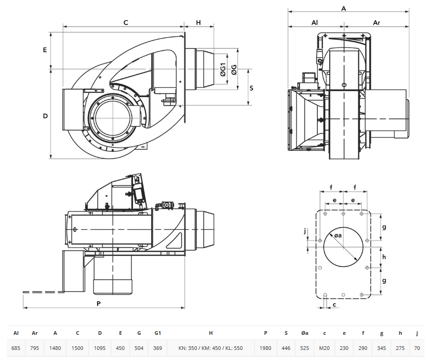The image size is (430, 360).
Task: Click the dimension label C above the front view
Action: coord(125,22)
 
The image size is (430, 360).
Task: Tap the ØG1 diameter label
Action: coord(223,70)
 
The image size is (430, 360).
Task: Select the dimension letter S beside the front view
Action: coord(251,88)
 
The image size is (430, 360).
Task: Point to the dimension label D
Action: coord(45,116)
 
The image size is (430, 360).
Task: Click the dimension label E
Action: coord(45,50)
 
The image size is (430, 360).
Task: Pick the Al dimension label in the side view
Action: coord(315,22)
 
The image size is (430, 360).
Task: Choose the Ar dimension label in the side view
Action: coord(376,22)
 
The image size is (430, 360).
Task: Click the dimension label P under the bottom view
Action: coord(99,304)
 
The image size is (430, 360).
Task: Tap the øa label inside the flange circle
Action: coord(338,235)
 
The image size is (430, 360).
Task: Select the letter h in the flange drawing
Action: coord(384,257)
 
